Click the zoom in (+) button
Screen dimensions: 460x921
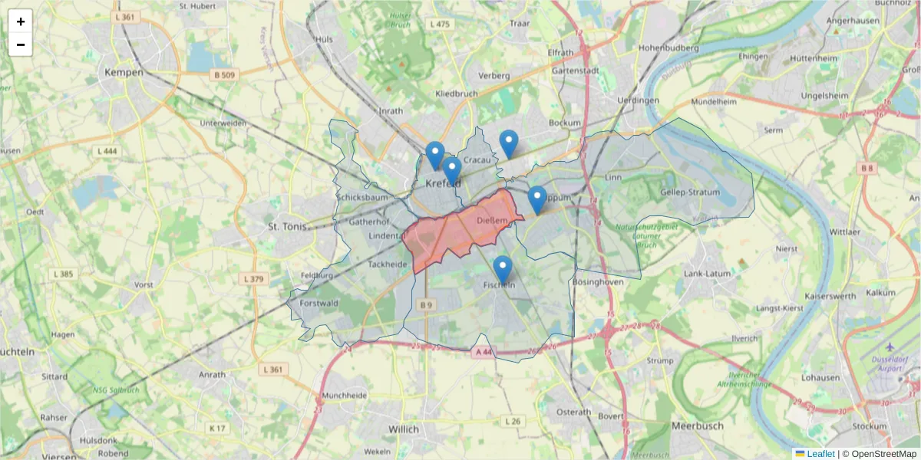pos(21,21)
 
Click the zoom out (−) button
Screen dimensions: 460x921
pos(21,44)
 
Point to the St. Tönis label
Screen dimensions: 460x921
pos(287,226)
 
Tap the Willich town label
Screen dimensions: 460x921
pos(404,429)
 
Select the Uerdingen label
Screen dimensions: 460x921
pos(638,100)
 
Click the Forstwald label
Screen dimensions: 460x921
pos(319,303)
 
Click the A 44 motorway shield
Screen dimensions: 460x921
pos(483,351)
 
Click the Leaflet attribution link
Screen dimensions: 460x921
pos(820,454)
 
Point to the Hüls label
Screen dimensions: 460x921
pos(324,38)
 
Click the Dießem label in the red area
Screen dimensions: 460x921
pos(491,221)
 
